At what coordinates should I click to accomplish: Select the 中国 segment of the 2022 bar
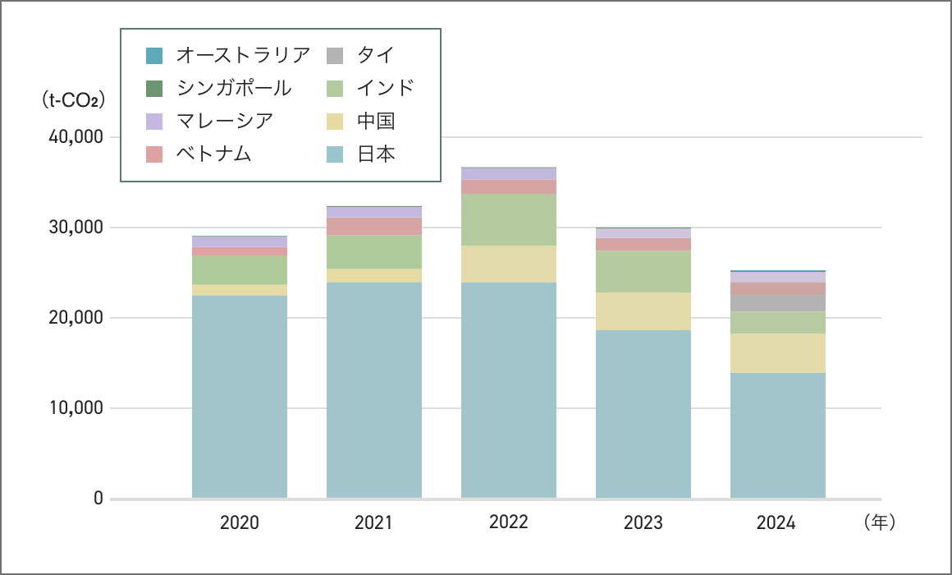coord(509,264)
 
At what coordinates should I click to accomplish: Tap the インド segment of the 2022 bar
coord(509,219)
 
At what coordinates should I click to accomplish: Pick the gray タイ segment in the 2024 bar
coord(778,303)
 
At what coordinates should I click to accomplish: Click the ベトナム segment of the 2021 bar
coord(374,227)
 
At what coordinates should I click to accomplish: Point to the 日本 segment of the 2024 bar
coord(778,435)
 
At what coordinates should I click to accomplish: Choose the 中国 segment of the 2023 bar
coord(643,311)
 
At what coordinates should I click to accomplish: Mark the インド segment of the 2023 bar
coord(643,271)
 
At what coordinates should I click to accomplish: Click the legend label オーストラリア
coord(243,55)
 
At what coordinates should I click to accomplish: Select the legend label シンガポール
coord(234,88)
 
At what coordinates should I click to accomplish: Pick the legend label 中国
coord(376,121)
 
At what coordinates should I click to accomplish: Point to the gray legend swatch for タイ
coord(335,55)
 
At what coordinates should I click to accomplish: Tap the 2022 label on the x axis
coord(509,522)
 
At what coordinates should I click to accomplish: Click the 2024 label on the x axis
coord(776,522)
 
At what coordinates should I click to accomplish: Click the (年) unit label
coord(879,522)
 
